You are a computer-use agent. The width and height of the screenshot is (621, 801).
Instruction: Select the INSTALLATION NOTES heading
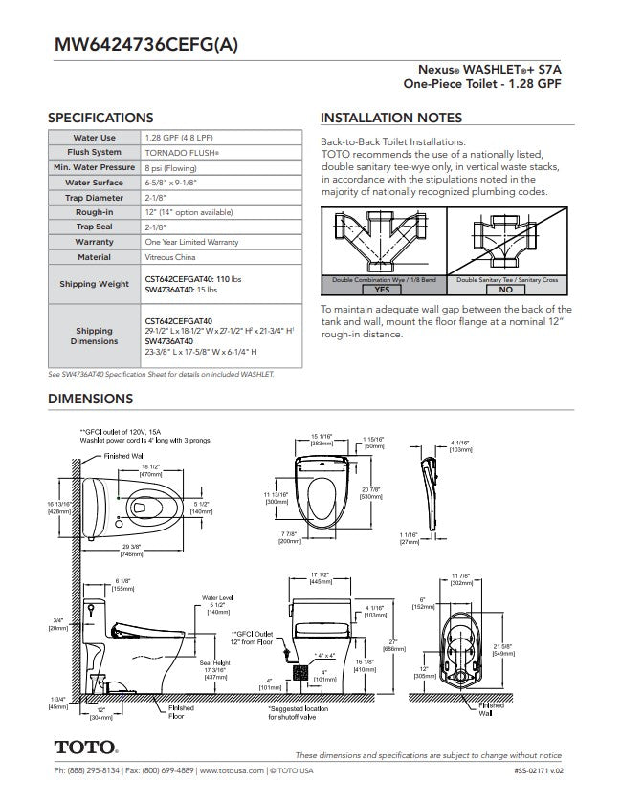390,118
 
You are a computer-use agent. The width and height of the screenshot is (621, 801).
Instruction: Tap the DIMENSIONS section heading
90,399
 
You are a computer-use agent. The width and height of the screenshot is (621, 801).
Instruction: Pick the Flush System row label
94,152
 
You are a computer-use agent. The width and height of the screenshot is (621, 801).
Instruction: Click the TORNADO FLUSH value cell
183,152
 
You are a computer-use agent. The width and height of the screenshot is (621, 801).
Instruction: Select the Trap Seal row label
94,227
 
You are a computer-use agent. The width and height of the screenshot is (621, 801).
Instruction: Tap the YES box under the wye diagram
382,289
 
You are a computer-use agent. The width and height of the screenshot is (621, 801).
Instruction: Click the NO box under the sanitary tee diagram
505,289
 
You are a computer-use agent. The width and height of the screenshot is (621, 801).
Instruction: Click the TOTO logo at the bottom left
85,745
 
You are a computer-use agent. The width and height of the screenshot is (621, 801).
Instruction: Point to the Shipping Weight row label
94,284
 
